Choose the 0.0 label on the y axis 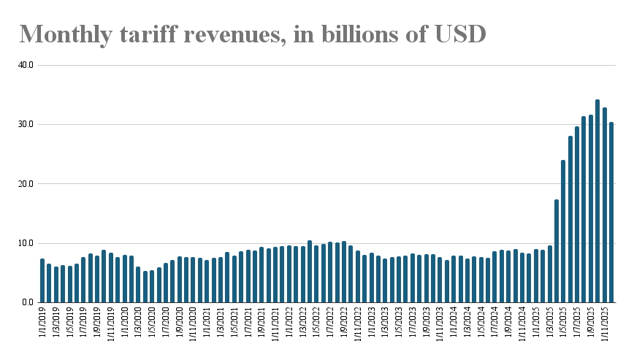[28, 302]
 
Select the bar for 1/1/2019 [42, 280]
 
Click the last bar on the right [612, 212]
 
